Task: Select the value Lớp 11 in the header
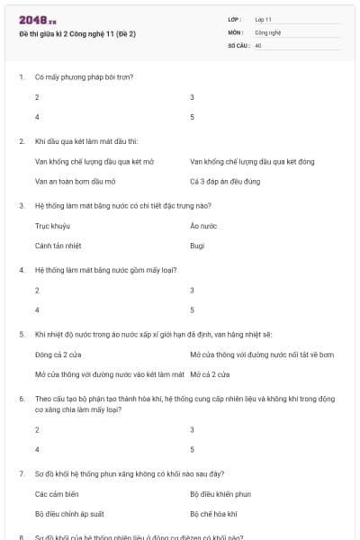pos(264,19)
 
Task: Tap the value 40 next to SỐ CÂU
pos(258,44)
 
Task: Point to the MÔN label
pos(235,31)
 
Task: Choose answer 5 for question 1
pos(193,116)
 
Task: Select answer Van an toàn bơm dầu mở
pos(75,181)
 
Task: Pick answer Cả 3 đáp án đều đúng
pos(225,181)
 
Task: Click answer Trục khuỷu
pos(52,226)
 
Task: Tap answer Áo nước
pos(203,226)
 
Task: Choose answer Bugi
pos(198,245)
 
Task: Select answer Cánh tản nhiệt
pos(59,245)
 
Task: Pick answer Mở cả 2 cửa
pos(210,373)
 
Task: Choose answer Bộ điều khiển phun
pos(220,494)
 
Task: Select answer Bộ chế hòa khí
pos(213,514)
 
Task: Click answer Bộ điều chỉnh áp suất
pos(69,514)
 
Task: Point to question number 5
pos(21,334)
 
